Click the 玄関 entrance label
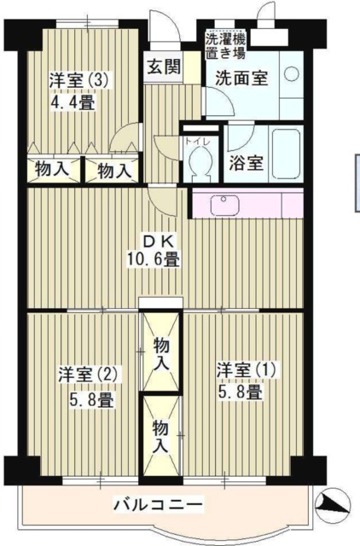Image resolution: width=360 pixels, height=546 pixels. pyautogui.click(x=162, y=68)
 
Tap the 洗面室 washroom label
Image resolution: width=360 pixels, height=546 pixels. pyautogui.click(x=241, y=77)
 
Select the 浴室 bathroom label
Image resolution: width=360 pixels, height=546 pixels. pyautogui.click(x=246, y=165)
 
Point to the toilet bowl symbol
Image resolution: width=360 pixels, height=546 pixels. pyautogui.click(x=202, y=161)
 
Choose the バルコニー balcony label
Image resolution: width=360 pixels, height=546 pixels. pyautogui.click(x=159, y=506)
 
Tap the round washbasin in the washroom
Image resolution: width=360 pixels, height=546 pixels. pyautogui.click(x=291, y=75)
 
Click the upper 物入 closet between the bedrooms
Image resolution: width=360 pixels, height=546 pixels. pyautogui.click(x=160, y=353)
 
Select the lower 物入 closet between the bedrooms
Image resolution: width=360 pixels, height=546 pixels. pyautogui.click(x=160, y=434)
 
